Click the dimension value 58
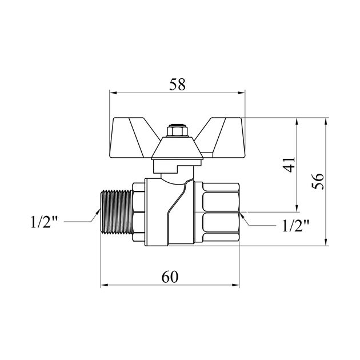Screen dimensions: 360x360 tap(177, 84)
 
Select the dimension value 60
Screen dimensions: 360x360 tap(170, 277)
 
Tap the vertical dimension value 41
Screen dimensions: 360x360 tap(289, 165)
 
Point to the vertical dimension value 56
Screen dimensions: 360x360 tap(318, 181)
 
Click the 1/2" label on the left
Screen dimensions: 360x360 tap(44, 222)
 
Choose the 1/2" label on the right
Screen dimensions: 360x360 tap(296, 226)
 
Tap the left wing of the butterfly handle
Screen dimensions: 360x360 tap(131, 138)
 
